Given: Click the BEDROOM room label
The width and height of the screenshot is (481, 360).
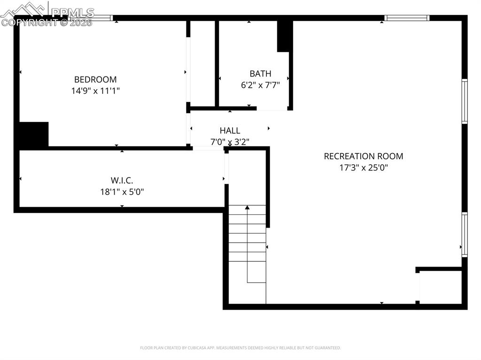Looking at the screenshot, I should (x=95, y=80).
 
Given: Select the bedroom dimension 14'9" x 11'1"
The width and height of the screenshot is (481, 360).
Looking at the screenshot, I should (x=95, y=91).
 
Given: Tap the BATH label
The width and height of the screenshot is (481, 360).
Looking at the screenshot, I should (x=260, y=74).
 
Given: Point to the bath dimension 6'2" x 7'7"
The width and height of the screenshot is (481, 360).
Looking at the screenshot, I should (x=260, y=85).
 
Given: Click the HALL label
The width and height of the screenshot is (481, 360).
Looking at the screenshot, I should (x=230, y=130).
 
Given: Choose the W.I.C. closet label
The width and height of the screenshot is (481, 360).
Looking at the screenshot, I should (x=122, y=180).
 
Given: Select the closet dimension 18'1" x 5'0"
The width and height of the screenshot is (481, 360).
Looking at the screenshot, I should (x=122, y=191).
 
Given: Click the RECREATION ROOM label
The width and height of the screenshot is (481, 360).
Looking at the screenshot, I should (x=364, y=156).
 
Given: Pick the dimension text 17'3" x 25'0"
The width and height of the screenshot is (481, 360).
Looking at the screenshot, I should (x=364, y=168).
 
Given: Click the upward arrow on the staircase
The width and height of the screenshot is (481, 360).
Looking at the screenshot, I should (x=247, y=208).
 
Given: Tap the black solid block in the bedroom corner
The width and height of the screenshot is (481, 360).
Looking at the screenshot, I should (x=34, y=135).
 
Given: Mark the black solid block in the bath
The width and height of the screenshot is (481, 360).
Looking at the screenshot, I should (x=284, y=37).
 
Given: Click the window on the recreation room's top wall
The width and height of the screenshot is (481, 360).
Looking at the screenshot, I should (x=407, y=18).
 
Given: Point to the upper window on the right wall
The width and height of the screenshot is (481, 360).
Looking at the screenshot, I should (x=465, y=101).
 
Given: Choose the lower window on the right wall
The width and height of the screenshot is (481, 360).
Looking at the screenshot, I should (x=465, y=234).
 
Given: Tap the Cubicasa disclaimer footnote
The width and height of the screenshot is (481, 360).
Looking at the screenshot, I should (x=240, y=348).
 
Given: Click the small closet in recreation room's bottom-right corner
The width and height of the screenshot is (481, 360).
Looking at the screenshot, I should (x=441, y=287).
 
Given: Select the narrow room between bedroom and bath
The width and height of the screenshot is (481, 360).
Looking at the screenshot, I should (x=202, y=63).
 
